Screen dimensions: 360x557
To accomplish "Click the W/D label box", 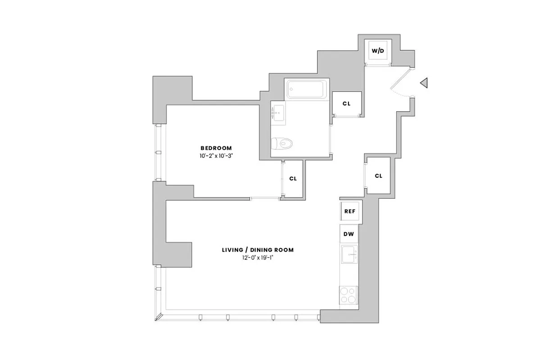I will click(378, 51).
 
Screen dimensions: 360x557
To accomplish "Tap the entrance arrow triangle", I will click(423, 83).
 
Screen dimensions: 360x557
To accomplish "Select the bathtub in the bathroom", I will click(306, 90).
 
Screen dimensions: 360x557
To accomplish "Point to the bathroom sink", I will click(277, 112).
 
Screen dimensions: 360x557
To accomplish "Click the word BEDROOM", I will click(216, 148).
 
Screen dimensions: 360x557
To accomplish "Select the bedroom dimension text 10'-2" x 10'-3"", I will click(216, 156).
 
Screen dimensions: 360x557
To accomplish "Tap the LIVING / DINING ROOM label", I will click(258, 250).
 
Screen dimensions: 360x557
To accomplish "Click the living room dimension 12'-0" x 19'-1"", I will click(258, 258).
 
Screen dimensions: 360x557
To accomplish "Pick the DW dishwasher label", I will click(349, 234).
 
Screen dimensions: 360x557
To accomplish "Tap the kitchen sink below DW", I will click(349, 255).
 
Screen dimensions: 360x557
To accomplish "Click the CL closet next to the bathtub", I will click(346, 103).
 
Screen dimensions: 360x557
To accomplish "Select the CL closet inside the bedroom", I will click(293, 179).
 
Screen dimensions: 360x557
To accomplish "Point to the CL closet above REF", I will click(378, 175).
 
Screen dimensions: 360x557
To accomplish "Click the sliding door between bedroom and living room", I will click(266, 198).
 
